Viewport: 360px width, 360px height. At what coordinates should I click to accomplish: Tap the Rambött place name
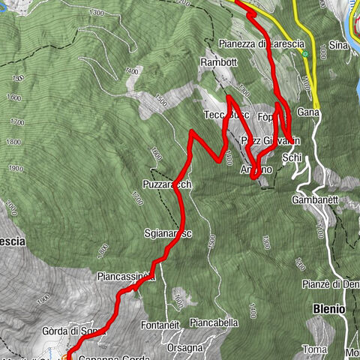coord(218,61)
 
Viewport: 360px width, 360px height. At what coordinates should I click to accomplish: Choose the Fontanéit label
coord(160,325)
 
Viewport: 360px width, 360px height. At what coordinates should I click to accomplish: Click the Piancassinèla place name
coord(125,277)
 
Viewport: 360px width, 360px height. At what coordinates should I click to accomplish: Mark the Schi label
coord(292,159)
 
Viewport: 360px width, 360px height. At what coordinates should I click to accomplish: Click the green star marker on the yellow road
coord(305,54)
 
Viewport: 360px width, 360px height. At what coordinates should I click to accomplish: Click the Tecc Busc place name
coord(226,115)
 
